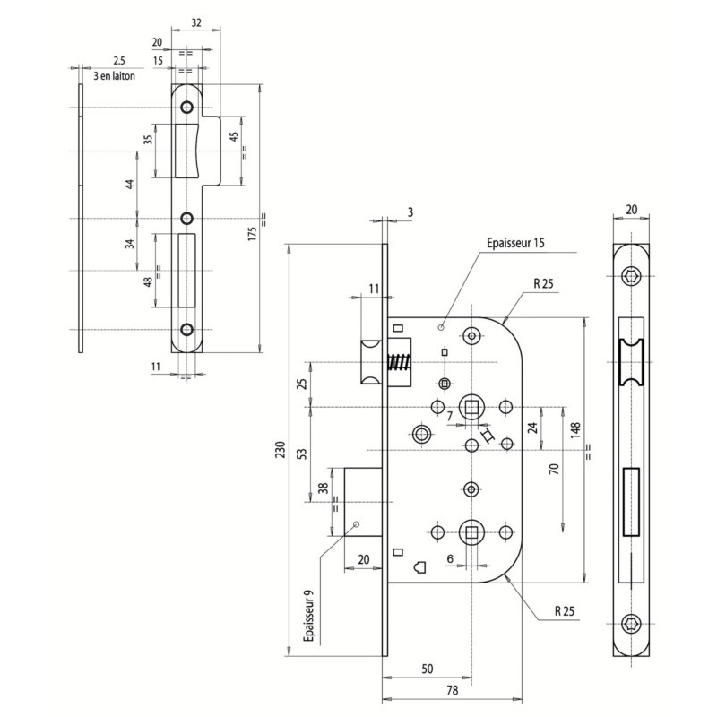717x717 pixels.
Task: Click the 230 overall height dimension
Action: tap(281, 450)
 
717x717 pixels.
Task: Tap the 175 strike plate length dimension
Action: tap(252, 233)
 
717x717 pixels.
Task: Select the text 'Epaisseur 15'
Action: tap(515, 243)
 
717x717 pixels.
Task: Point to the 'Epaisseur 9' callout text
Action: tap(309, 616)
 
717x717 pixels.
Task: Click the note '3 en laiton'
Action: tap(115, 76)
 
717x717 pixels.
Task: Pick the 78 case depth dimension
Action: tap(453, 690)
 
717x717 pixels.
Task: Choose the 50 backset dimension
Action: tap(428, 669)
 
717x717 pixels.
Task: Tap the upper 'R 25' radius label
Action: tap(543, 283)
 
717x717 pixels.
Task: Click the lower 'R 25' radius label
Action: tap(565, 611)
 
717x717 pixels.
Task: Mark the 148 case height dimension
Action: tap(575, 431)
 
